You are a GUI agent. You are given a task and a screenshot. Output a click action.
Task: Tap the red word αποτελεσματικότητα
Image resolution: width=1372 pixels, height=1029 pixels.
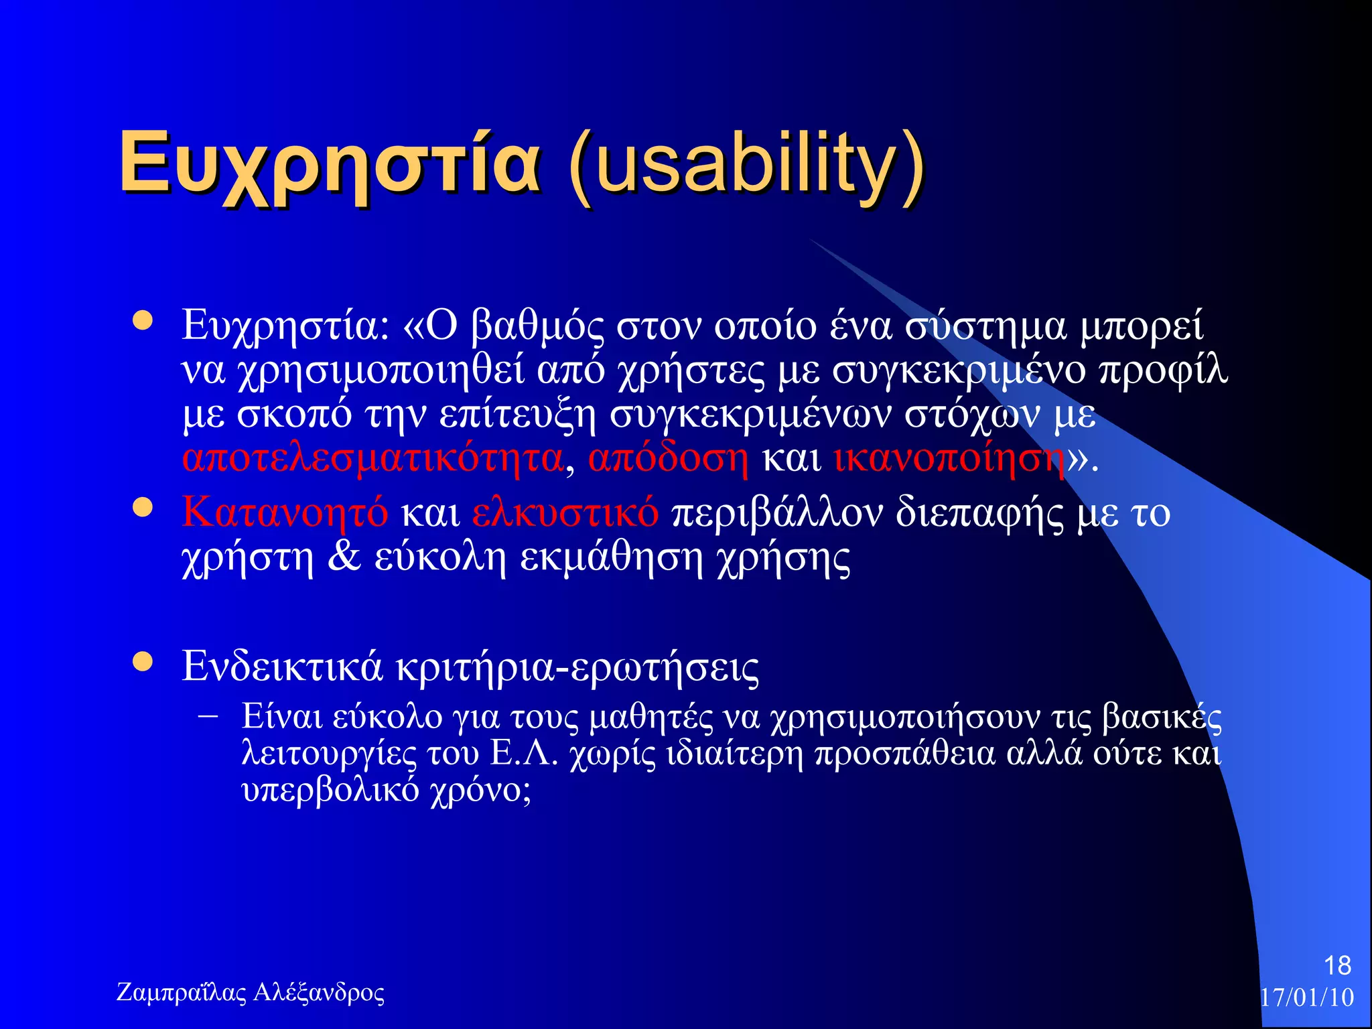point(372,459)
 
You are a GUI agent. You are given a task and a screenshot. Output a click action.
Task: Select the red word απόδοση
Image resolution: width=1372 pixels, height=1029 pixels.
point(668,459)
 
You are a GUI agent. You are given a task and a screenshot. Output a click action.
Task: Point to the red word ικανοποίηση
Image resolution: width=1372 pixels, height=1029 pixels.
point(949,459)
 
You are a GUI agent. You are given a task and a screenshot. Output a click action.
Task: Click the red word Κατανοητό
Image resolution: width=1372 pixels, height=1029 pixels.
point(285,512)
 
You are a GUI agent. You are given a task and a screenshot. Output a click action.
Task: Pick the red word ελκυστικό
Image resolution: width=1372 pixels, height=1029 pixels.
point(565,512)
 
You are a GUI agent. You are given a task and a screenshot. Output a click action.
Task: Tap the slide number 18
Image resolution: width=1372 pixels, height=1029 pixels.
point(1337,965)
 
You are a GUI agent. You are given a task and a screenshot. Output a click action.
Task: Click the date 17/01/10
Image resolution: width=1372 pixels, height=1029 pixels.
point(1306,998)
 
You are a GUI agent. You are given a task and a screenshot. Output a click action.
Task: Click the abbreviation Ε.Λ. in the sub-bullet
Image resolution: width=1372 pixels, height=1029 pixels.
point(524,754)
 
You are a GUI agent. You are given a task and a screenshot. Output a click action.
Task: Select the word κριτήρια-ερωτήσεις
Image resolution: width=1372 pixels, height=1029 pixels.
point(577,667)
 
